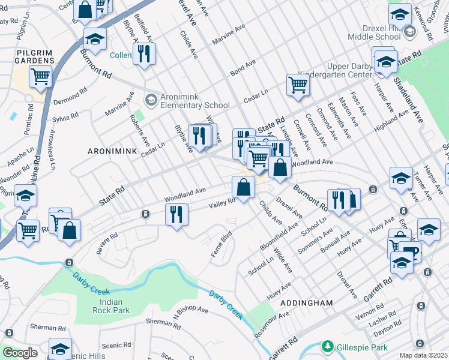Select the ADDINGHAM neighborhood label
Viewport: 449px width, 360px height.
(x=306, y=304)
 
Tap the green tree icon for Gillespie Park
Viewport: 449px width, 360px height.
(x=327, y=347)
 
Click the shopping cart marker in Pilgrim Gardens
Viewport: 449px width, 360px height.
(x=40, y=77)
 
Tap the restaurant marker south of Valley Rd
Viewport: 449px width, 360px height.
(x=176, y=214)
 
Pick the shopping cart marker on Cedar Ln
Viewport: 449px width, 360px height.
(x=297, y=85)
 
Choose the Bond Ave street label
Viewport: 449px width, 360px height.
(x=243, y=67)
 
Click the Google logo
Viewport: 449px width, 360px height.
(x=20, y=353)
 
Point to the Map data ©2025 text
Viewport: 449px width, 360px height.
(x=423, y=355)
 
